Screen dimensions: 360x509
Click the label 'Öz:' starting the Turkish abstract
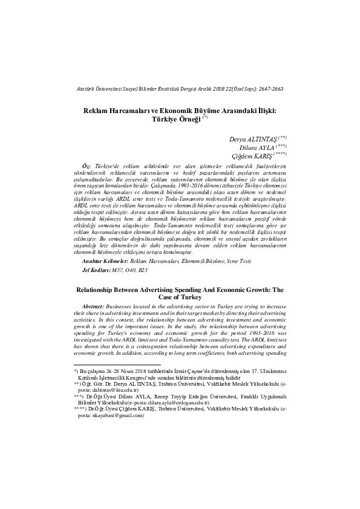[x=86, y=166]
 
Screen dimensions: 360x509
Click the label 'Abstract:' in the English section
[x=97, y=306]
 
